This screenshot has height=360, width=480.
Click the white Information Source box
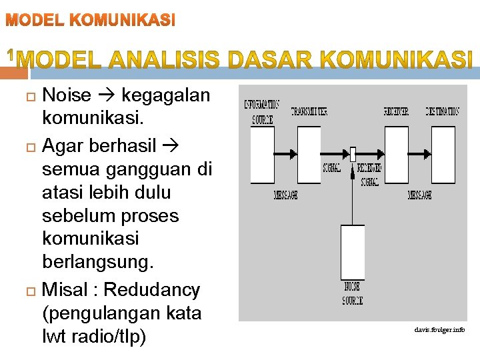[x=262, y=154]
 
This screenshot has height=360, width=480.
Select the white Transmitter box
[x=309, y=154]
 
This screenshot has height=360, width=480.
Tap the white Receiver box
[x=397, y=154]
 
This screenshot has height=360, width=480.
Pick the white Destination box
[x=443, y=154]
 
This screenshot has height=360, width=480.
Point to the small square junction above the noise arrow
[x=353, y=153]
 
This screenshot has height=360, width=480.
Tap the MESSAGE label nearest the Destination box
[x=419, y=195]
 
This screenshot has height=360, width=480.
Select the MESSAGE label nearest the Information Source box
[x=285, y=195]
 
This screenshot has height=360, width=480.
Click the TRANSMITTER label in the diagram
[x=309, y=111]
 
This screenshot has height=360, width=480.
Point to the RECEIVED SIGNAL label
[x=369, y=174]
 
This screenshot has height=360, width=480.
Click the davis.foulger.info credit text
[x=439, y=330]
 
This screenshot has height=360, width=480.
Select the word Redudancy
[x=152, y=290]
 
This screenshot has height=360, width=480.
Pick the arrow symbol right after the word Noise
[x=107, y=96]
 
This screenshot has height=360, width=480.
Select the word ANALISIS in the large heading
[x=168, y=61]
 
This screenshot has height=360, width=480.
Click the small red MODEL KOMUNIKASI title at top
[x=91, y=21]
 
